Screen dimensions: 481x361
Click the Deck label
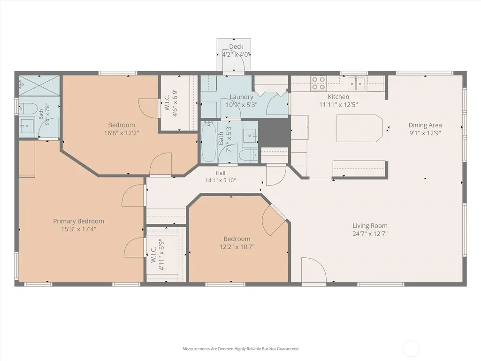click(x=236, y=46)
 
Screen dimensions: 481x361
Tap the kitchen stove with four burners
click(x=318, y=83)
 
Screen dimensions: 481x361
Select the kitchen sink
click(x=356, y=83)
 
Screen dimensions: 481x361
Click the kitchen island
click(x=359, y=128)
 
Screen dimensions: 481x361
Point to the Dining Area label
click(x=425, y=125)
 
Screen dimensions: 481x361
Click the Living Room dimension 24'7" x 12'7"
click(x=370, y=234)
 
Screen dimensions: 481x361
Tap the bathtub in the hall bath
click(x=209, y=142)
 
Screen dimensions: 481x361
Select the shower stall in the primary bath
click(x=39, y=85)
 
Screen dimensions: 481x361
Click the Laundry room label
click(x=241, y=97)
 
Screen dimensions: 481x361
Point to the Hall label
click(x=220, y=173)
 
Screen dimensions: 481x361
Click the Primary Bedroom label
click(x=78, y=221)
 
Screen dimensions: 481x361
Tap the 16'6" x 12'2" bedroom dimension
click(x=122, y=133)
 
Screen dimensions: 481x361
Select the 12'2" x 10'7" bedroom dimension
click(x=237, y=247)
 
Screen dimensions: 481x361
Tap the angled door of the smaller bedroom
click(x=274, y=220)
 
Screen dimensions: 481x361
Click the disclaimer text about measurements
click(x=240, y=349)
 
